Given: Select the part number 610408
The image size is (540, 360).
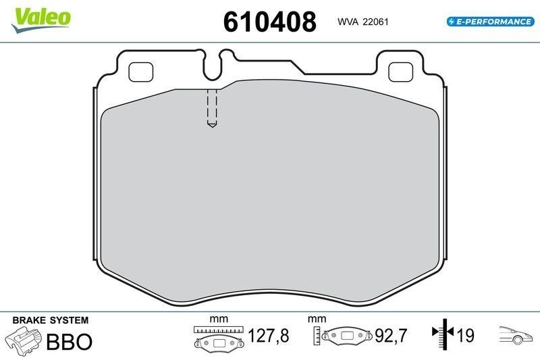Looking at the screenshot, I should point(269,22).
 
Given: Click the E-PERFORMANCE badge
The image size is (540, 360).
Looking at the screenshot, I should point(490,22).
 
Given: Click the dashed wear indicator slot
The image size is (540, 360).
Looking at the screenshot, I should point(211,108).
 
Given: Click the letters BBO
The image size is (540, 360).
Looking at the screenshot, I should point(68,342).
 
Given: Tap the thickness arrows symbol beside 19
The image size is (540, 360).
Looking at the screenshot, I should point(442,334).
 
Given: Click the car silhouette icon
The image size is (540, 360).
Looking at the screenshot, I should point(516,335).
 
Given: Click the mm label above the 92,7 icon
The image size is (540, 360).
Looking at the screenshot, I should point(317,319).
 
